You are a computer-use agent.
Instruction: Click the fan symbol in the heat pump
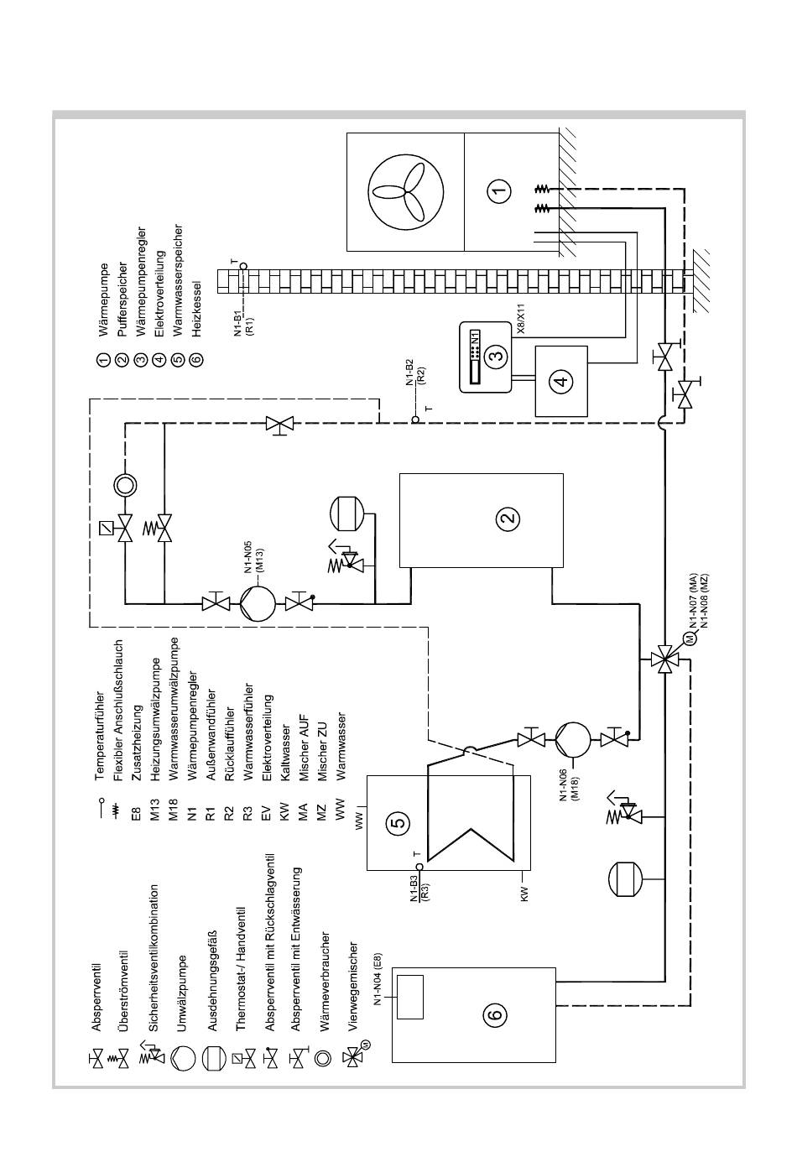(x=405, y=190)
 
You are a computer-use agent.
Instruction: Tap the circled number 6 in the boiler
(x=494, y=1014)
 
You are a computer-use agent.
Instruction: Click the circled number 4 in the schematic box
(x=561, y=381)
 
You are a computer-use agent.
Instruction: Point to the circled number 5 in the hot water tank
(x=400, y=821)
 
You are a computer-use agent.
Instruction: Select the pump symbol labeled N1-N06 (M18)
(x=572, y=740)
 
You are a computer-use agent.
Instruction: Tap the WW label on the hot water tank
(x=360, y=820)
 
